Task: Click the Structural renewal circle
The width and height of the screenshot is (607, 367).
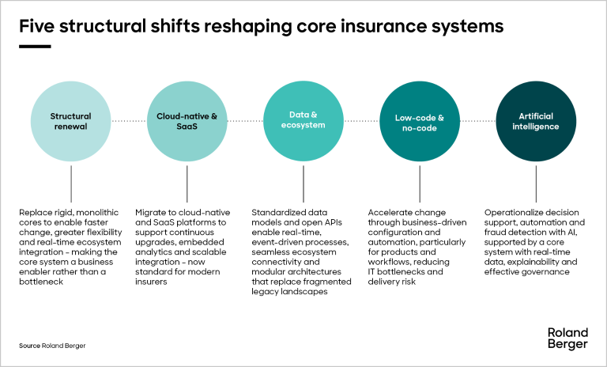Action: (71, 121)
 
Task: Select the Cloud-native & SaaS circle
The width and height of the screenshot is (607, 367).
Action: (187, 121)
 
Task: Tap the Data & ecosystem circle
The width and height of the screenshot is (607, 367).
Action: (303, 121)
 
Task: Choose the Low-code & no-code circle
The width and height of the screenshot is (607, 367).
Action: (420, 121)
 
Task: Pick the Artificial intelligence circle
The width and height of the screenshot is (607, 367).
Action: (536, 121)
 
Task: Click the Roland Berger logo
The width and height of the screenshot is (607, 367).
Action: (567, 339)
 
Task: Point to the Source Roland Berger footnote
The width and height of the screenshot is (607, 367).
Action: (52, 346)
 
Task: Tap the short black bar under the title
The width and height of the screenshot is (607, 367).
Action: (35, 47)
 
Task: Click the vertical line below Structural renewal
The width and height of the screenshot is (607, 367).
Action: (71, 183)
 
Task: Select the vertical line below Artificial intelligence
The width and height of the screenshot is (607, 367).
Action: (536, 183)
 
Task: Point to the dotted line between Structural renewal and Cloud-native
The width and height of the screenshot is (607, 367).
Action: (129, 121)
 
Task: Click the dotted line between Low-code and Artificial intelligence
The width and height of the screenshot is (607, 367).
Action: (477, 121)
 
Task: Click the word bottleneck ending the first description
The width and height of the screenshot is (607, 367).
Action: (41, 282)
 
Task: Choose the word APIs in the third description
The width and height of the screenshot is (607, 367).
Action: (334, 222)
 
